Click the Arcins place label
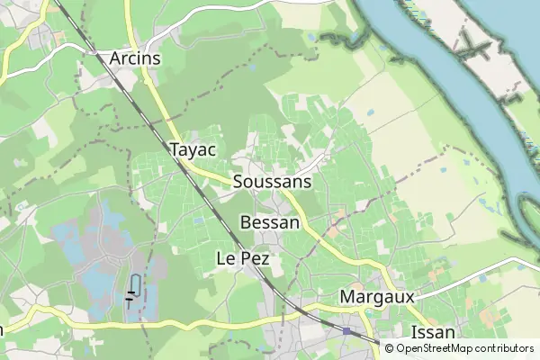coord(135,58)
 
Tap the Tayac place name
coord(192,149)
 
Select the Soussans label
coord(272,182)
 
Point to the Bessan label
coord(270,222)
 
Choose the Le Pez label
coord(243,258)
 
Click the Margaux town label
coord(377,296)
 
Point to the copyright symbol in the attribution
coord(389,348)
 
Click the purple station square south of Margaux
coord(346,331)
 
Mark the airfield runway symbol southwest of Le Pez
coord(133,288)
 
